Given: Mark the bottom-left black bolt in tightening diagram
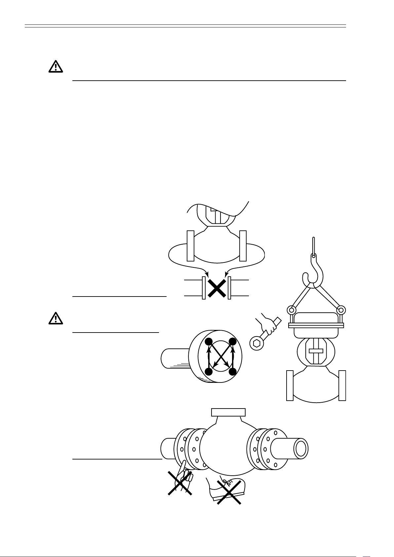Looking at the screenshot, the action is pos(208,372).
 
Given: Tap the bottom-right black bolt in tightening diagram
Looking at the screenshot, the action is pos(233,372).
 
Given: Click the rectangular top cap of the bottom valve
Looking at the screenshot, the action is pos(228,412).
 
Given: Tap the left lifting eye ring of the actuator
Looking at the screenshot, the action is pos(291,310).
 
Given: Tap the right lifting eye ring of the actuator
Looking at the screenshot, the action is pos(341,310).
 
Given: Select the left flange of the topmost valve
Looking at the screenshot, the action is pos(190,245).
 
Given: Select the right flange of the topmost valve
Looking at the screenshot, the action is pos(243,245).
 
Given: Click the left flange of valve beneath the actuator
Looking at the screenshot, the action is pos(290,385).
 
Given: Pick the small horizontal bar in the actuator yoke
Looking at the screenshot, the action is pos(316,351).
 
